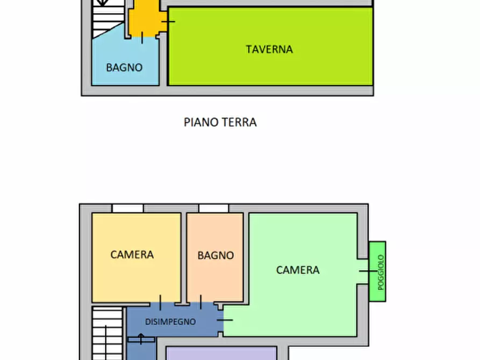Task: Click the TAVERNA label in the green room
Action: pos(269,49)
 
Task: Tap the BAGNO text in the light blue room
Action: pos(124,68)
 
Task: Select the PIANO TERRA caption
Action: pos(220,123)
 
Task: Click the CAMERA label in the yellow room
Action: pos(132,255)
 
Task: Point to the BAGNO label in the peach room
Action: pos(216,256)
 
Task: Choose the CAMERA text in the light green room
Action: pos(298,270)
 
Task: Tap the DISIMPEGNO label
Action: pos(170,322)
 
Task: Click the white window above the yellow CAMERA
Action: pos(128,208)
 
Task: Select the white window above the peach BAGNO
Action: pos(213,208)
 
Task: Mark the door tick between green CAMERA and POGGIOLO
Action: pos(368,271)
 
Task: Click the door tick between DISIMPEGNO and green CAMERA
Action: pos(225,320)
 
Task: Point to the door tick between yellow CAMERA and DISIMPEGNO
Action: pos(160,303)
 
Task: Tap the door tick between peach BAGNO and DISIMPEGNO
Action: pos(200,303)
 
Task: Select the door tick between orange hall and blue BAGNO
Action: pos(142,37)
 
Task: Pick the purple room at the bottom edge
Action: pos(220,353)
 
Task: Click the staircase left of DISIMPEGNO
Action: pos(107,333)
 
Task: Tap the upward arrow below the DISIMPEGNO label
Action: pos(141,338)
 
